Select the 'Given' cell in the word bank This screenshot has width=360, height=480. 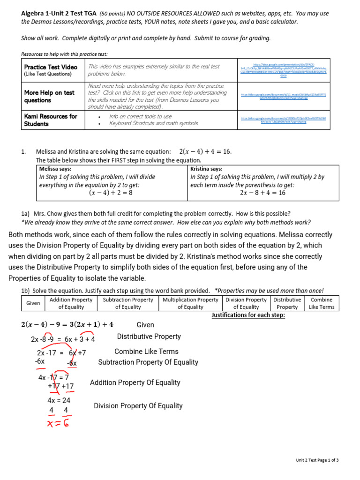click(33, 303)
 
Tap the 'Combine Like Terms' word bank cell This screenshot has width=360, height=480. click(321, 303)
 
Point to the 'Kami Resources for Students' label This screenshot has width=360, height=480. click(51, 120)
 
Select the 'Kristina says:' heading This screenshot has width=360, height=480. click(206, 169)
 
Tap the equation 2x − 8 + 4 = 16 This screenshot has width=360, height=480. click(262, 193)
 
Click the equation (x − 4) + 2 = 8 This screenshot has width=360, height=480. click(111, 193)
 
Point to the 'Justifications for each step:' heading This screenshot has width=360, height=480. click(248, 315)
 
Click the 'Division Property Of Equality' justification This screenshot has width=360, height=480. click(138, 406)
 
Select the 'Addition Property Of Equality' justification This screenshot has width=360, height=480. click(135, 382)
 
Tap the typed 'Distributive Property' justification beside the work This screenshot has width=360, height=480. click(149, 337)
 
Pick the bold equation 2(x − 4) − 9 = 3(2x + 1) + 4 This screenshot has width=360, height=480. click(67, 325)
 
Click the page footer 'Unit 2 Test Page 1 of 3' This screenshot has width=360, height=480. click(317, 460)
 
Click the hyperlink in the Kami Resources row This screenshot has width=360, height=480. click(283, 120)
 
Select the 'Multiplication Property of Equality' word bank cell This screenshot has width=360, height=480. click(190, 303)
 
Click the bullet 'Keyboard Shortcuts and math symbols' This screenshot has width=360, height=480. click(153, 123)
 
